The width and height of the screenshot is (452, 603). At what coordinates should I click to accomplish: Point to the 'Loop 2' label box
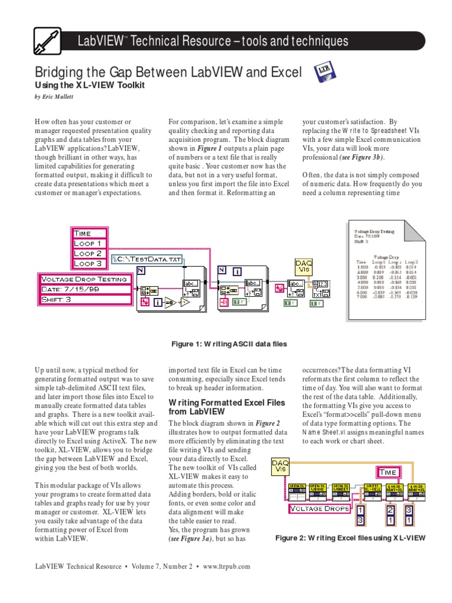(88, 253)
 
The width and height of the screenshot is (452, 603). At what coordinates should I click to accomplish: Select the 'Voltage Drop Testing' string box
(84, 279)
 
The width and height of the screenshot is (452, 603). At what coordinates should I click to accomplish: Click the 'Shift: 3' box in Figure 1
(84, 300)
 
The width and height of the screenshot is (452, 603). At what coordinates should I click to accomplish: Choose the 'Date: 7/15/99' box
(84, 289)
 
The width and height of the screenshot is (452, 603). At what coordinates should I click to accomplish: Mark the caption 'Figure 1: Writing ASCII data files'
(220, 344)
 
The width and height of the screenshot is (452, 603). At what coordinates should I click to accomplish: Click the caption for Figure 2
(350, 538)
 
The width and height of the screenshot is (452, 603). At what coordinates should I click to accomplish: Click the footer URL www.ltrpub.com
(227, 566)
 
